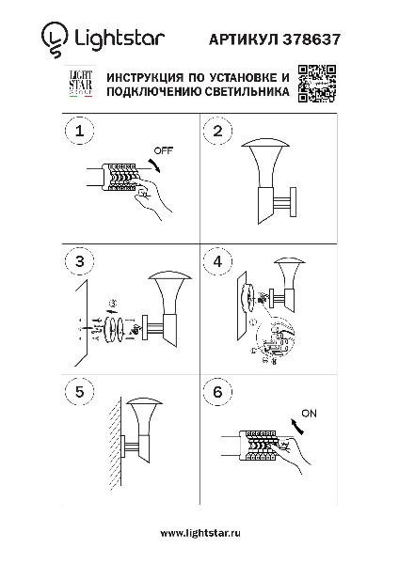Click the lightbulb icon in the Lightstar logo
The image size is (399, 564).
[54, 38]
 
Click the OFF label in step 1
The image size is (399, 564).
[161, 149]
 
